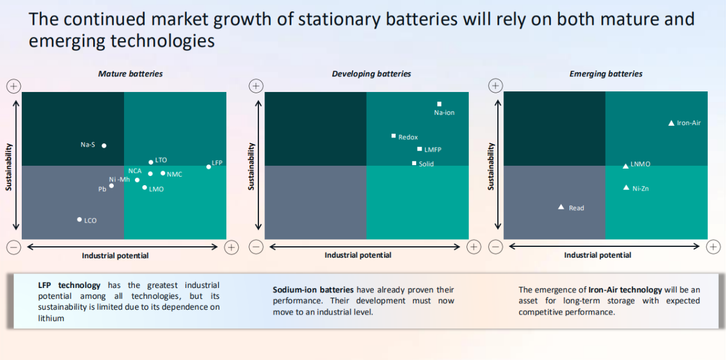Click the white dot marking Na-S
pos(104,145)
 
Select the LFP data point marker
pos(209,166)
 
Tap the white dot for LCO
pos(79,220)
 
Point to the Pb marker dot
pos(111,186)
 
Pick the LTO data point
pos(151,162)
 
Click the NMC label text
pos(174,174)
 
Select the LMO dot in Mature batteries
pos(144,188)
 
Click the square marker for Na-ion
pos(439,104)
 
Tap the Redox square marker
pos(393,136)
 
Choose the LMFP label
pos(433,149)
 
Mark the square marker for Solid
pos(414,163)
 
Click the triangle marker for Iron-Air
pos(671,123)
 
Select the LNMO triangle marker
pos(626,166)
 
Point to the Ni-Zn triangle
pos(626,188)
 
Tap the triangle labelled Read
pos(561,208)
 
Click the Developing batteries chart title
pos(371,74)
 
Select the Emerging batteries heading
pos(606,74)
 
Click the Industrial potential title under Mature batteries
pos(115,255)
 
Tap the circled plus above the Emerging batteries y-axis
pos(496,86)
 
